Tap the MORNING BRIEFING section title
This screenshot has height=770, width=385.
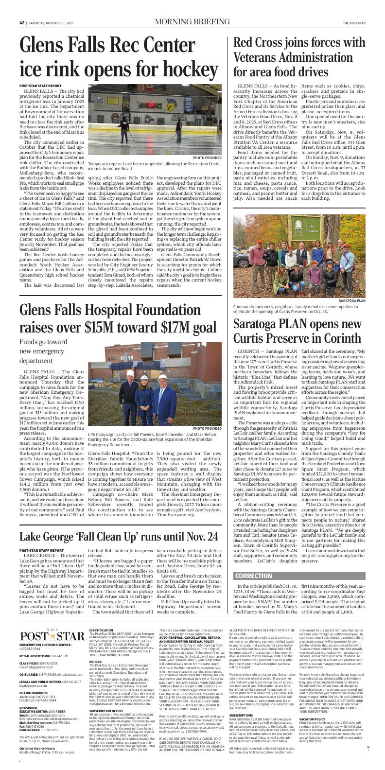[192, 22]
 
